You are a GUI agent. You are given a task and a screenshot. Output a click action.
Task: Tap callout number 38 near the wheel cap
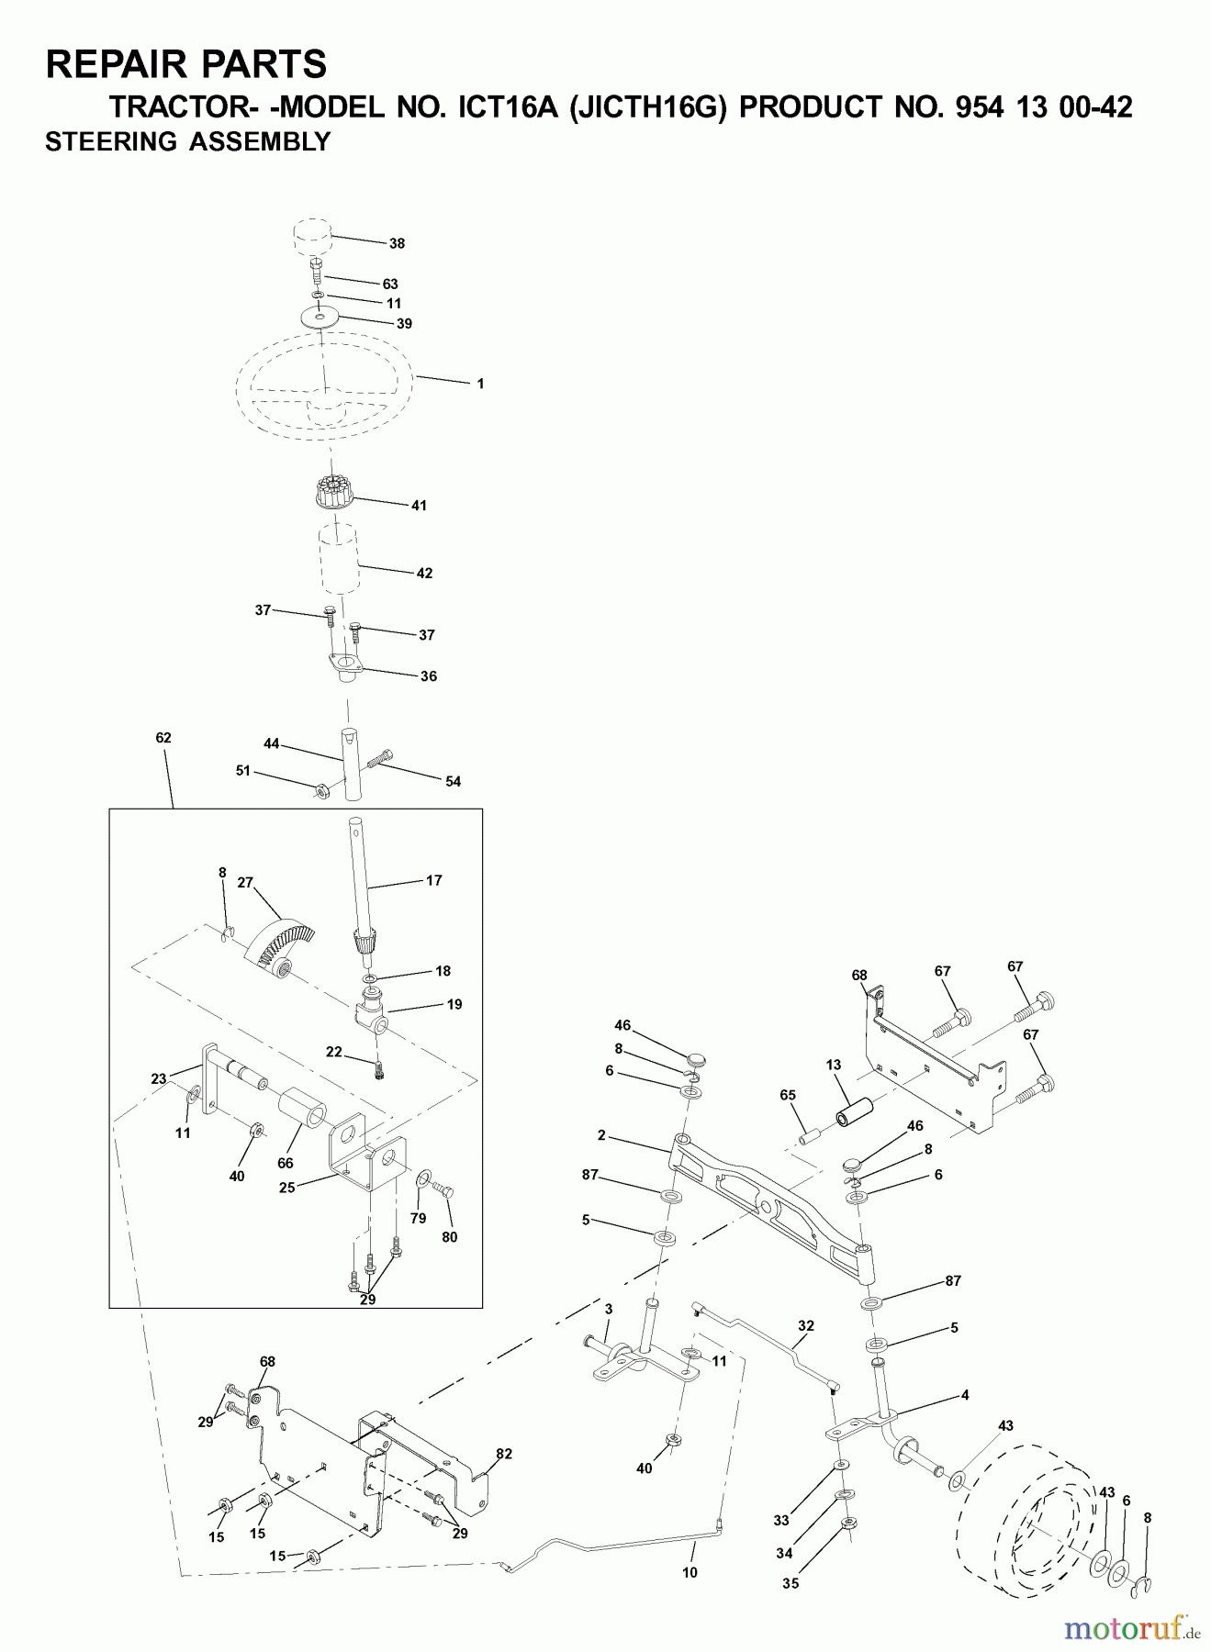(x=397, y=243)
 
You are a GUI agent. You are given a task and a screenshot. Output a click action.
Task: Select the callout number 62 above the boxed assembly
(x=163, y=738)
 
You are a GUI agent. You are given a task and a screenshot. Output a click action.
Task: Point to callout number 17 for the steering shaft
(x=434, y=880)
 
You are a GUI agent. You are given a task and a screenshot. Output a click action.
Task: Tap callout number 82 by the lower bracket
(x=504, y=1454)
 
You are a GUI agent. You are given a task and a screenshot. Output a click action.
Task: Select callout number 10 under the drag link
(x=690, y=1572)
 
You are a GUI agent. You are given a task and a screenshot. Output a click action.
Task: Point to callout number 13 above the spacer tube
(x=834, y=1066)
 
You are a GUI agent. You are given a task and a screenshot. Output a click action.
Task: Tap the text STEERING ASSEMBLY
(x=187, y=142)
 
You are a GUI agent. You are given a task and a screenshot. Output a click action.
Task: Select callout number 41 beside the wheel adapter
(x=419, y=506)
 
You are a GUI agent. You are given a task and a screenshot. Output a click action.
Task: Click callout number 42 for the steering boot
(x=424, y=574)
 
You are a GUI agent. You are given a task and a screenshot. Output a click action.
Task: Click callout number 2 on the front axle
(x=601, y=1135)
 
